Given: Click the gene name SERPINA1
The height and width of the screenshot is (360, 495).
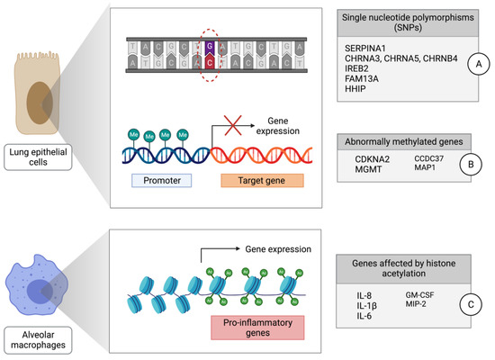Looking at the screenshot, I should click(x=368, y=46).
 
